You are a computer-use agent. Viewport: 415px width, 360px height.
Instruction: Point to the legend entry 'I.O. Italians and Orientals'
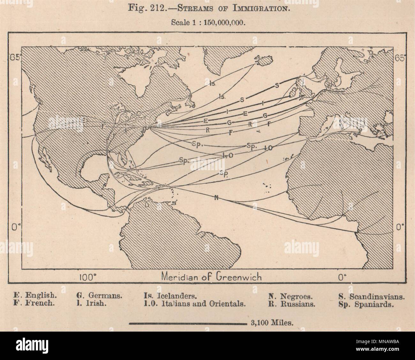coord(195,304)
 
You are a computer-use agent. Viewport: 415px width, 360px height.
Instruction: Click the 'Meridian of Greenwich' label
coord(212,277)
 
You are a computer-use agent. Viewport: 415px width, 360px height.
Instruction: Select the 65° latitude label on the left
coord(15,58)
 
